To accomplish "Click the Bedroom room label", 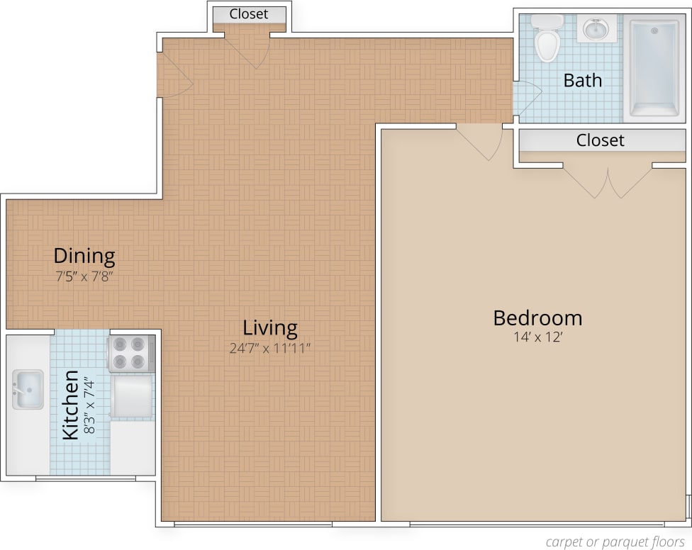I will pyautogui.click(x=537, y=318).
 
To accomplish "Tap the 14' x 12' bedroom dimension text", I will pyautogui.click(x=537, y=337).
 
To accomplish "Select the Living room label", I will pyautogui.click(x=269, y=328).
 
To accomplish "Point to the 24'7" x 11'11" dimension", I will pyautogui.click(x=269, y=347).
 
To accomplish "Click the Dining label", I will pyautogui.click(x=84, y=255).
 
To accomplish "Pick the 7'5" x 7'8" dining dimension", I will pyautogui.click(x=84, y=276).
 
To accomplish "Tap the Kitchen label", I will pyautogui.click(x=70, y=405).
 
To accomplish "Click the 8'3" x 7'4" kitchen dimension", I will pyautogui.click(x=89, y=405).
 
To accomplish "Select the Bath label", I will pyautogui.click(x=582, y=80).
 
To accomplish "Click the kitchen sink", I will pyautogui.click(x=28, y=389).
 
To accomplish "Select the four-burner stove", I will pyautogui.click(x=131, y=354).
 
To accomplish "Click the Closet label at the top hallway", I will pyautogui.click(x=249, y=13).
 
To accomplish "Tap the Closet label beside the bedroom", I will pyautogui.click(x=600, y=140).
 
